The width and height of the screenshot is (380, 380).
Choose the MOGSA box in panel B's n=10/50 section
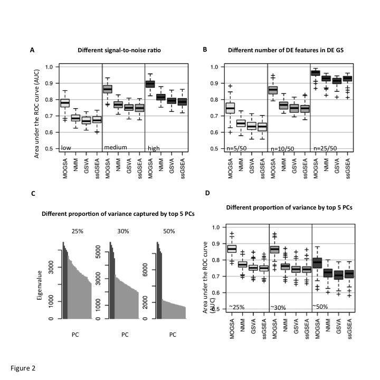(273, 90)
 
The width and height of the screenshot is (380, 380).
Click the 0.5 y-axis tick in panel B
(218, 148)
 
